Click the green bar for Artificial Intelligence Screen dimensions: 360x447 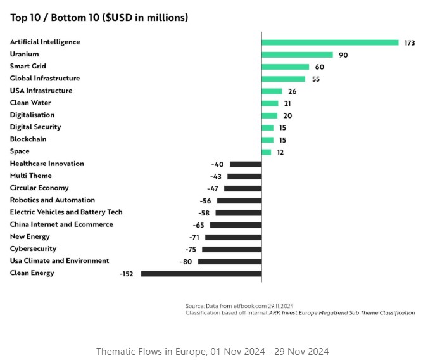(330, 42)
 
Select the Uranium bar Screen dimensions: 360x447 (297, 55)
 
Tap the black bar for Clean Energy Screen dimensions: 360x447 (201, 274)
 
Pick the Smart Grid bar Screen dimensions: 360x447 (285, 67)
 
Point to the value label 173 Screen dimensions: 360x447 (410, 42)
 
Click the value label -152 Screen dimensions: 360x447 (127, 274)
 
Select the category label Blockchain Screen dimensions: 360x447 (28, 139)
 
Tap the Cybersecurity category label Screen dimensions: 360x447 (33, 249)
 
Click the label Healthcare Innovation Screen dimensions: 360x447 (47, 164)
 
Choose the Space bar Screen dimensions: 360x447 (266, 152)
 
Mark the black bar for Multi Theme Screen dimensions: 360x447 (244, 176)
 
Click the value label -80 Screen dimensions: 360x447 (186, 262)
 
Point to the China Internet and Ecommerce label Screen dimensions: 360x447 (61, 224)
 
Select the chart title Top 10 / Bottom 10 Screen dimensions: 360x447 (99, 18)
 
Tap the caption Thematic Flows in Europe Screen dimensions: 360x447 (212, 351)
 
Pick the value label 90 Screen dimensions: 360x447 (343, 55)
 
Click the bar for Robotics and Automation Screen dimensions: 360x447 (239, 201)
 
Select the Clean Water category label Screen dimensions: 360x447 (30, 103)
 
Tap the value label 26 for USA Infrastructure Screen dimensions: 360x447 (292, 91)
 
